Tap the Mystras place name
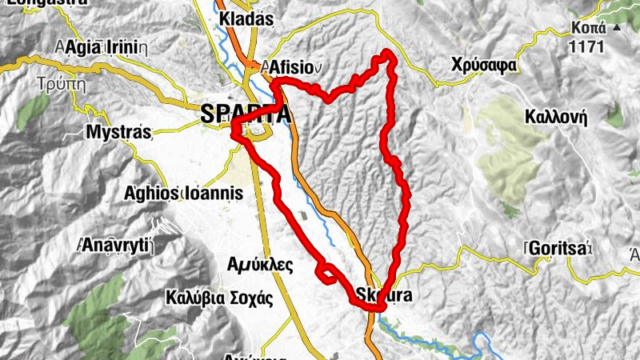click(118, 132)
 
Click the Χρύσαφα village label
click(482, 64)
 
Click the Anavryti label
click(114, 246)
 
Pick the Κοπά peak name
click(586, 27)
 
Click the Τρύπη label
click(60, 82)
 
